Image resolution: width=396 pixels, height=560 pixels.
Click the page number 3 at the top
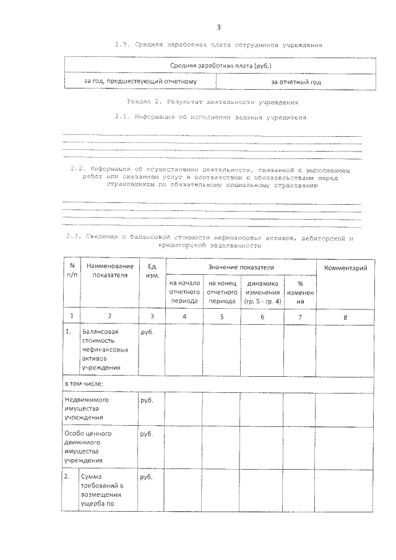[218, 27]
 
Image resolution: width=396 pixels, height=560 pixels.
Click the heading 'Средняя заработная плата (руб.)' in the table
[221, 66]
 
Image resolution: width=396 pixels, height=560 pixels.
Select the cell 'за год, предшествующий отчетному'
[140, 81]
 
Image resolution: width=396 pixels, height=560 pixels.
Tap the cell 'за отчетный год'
[296, 82]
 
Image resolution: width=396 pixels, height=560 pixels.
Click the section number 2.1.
[123, 117]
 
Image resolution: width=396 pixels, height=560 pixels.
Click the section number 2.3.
[73, 238]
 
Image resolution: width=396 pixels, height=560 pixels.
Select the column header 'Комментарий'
[346, 267]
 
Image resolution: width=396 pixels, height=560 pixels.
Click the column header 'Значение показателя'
[241, 267]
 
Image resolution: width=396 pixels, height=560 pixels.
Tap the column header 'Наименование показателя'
[110, 270]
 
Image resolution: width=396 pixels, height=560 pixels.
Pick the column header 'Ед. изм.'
[152, 270]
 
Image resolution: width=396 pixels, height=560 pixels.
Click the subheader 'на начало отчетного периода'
[184, 292]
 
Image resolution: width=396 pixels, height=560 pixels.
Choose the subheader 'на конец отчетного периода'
[222, 292]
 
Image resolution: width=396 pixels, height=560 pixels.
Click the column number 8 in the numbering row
[345, 316]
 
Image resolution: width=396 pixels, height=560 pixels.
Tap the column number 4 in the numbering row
[184, 316]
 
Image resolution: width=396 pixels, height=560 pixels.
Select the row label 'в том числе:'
[84, 384]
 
